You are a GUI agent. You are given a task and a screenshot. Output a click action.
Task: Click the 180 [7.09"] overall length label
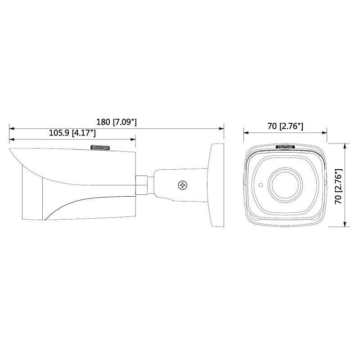117,122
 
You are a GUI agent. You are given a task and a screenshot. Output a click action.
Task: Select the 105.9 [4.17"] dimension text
71,133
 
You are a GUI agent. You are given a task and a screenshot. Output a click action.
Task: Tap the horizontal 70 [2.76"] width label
285,126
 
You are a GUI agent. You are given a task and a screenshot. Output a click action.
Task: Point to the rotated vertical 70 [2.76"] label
339,186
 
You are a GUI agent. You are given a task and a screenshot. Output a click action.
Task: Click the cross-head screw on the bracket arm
183,184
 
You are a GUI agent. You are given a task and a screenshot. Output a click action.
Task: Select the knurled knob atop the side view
101,148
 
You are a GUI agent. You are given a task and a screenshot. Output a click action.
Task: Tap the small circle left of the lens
260,184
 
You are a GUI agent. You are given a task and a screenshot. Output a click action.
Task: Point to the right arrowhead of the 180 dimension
222,128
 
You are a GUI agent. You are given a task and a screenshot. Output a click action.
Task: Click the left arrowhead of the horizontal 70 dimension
246,132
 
